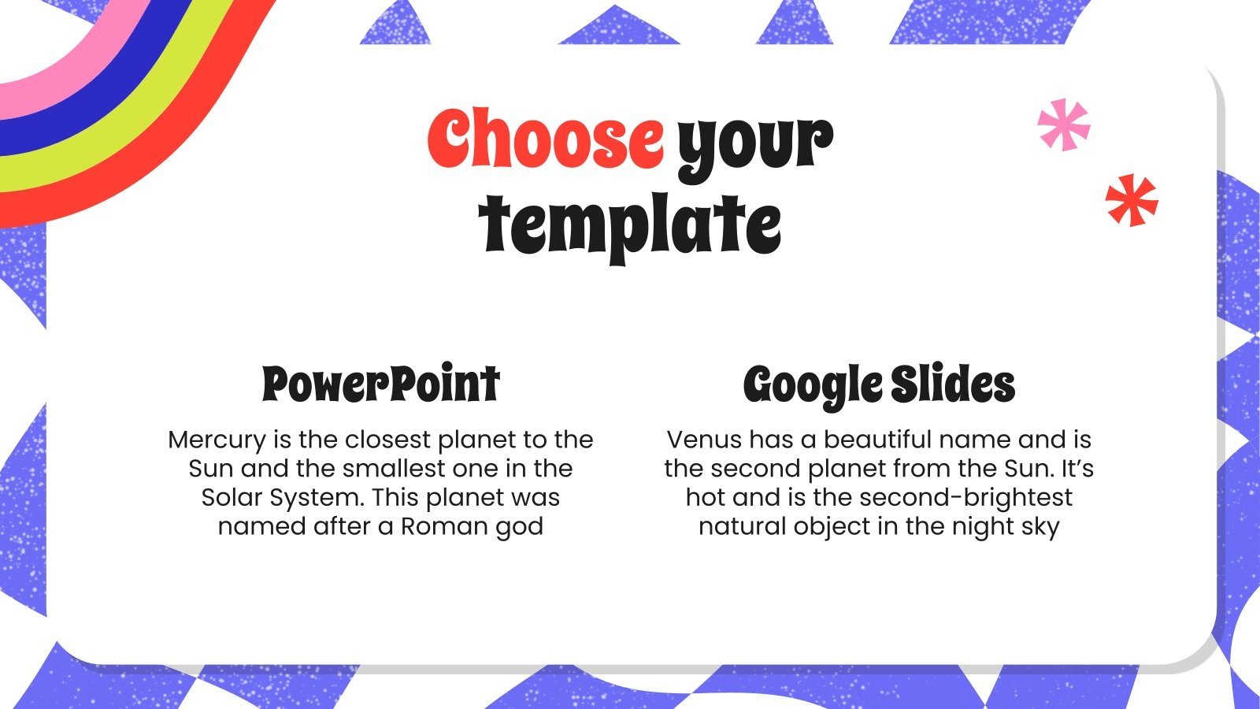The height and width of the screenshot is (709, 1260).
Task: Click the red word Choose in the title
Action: [x=545, y=139]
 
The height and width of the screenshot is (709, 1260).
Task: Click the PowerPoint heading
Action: [x=380, y=384]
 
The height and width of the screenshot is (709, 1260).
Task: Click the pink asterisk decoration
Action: [x=1063, y=124]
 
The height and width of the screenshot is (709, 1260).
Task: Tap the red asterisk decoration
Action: [x=1132, y=200]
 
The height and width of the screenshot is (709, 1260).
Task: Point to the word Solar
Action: [x=232, y=498]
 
